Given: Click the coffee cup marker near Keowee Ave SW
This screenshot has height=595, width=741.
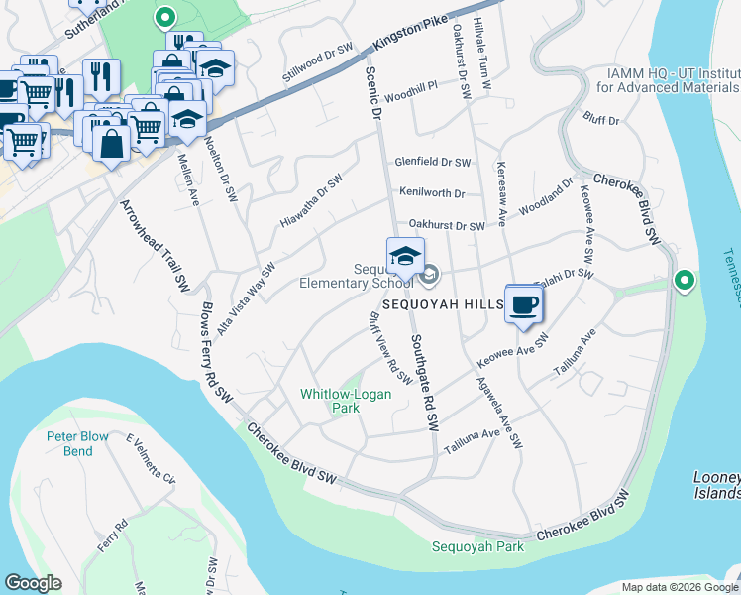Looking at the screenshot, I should click(x=523, y=305).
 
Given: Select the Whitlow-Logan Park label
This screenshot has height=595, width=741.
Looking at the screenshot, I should click(x=346, y=401).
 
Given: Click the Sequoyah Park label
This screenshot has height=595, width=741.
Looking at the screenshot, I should click(x=477, y=547).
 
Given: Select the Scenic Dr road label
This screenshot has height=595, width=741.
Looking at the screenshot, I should click(x=373, y=93).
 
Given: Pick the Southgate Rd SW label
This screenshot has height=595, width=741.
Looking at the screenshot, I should click(x=424, y=381).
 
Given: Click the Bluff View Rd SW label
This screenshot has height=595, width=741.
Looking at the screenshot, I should click(x=390, y=349).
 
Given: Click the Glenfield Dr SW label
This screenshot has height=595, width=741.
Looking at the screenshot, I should click(x=433, y=162).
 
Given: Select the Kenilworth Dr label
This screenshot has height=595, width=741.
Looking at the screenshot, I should click(x=432, y=192).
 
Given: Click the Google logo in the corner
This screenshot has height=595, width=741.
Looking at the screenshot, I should click(x=33, y=583).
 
